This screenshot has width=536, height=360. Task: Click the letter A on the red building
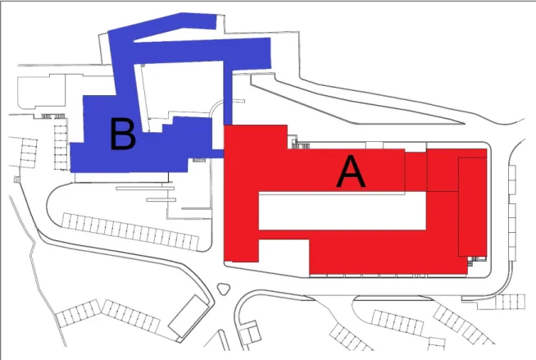coord(351,171)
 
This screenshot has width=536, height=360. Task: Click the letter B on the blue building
coord(123,134)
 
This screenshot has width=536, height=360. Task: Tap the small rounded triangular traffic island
coord(223,289)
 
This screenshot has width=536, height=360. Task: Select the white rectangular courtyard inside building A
coord(343,211)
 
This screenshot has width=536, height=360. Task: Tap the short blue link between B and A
coord(218,153)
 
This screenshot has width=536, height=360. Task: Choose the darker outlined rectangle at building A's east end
coord(472,207)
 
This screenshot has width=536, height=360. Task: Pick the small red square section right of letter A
coord(416,171)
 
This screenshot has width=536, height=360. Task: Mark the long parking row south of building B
coord(130,231)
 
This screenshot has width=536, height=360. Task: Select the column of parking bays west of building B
coord(61,147)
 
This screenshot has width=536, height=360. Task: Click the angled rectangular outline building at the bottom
coord(189,317)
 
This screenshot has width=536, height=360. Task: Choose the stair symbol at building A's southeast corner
coord(471,261)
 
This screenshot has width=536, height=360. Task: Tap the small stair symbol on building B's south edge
coord(199,160)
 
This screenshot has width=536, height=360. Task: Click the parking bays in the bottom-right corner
coord(510,302)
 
